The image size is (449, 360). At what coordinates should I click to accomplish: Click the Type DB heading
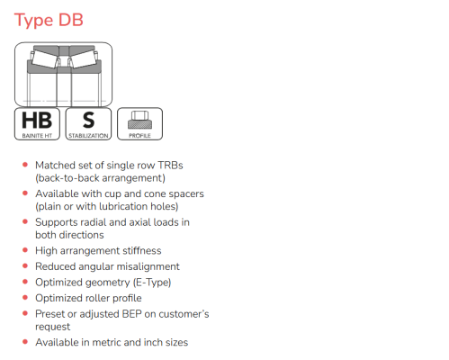pos(49,21)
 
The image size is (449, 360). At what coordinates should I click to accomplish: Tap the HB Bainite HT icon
pos(37,124)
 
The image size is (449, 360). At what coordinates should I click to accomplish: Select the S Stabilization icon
pos(88,124)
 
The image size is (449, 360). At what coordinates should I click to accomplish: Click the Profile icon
pos(139,124)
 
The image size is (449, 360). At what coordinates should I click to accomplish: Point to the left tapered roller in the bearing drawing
pos(44,58)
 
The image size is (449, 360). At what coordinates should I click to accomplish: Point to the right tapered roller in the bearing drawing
pos(83,58)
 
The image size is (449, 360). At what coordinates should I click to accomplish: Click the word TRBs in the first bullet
pos(170,166)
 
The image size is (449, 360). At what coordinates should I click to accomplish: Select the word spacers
pos(186,193)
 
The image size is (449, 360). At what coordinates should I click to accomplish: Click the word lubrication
pos(123,206)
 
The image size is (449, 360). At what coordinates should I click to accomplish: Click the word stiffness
pos(142,250)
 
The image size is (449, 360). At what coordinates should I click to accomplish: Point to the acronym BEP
pos(131,314)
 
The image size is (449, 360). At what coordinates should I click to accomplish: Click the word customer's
pos(184,314)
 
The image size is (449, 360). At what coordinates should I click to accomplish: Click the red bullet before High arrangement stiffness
pos(25,250)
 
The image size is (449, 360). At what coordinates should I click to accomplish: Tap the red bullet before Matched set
pos(25,165)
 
